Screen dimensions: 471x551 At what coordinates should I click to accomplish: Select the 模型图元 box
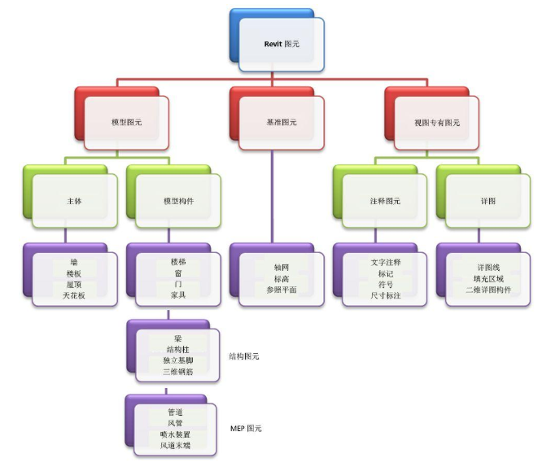click(x=125, y=123)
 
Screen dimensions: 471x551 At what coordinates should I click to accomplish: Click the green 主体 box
click(x=74, y=200)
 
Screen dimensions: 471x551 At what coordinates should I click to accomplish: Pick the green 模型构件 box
click(x=177, y=200)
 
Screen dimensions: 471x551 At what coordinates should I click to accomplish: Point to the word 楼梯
click(x=177, y=262)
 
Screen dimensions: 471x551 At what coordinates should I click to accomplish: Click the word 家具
click(x=177, y=295)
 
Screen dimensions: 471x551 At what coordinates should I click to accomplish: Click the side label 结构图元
click(x=245, y=355)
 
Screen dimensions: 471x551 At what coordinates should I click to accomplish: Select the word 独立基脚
click(x=177, y=360)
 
